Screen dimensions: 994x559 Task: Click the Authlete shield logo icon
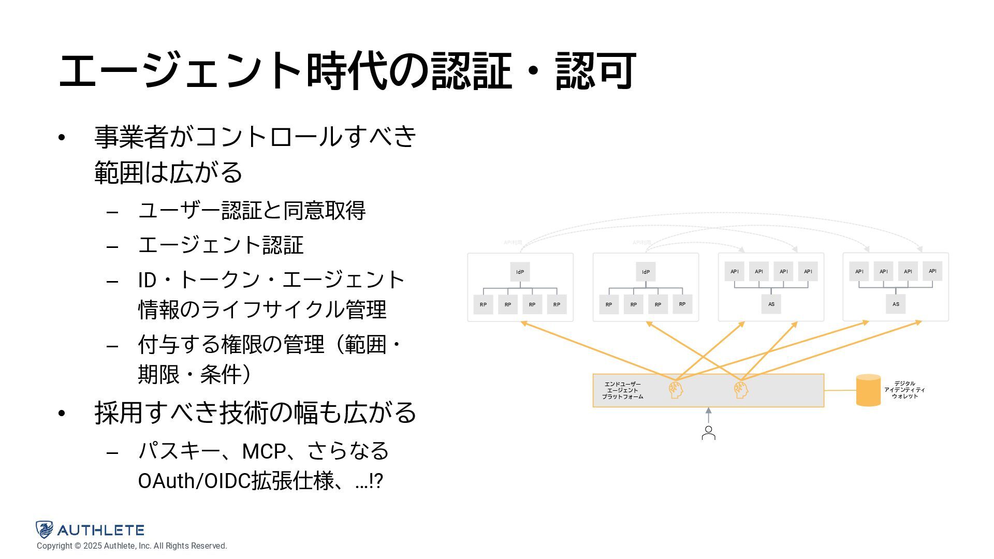tap(45, 529)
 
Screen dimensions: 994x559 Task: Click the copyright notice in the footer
tap(131, 546)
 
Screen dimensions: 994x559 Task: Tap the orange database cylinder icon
tap(868, 390)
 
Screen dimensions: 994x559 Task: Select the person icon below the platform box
tap(708, 433)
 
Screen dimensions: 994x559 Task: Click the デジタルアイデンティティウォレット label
tap(904, 390)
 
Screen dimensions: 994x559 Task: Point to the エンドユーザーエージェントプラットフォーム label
tap(623, 390)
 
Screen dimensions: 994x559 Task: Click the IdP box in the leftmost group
tap(520, 272)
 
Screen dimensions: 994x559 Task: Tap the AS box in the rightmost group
tap(896, 304)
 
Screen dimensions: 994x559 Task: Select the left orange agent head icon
tap(676, 390)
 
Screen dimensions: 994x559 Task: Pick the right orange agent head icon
tap(741, 390)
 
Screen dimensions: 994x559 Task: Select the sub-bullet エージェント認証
tap(221, 245)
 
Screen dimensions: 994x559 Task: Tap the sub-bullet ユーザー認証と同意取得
tap(252, 211)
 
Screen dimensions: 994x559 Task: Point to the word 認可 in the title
tap(595, 71)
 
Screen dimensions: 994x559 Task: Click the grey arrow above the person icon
tap(708, 415)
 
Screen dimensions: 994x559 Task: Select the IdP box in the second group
tap(646, 272)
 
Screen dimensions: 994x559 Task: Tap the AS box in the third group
tap(771, 304)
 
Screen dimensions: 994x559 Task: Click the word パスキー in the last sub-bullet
tap(179, 451)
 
